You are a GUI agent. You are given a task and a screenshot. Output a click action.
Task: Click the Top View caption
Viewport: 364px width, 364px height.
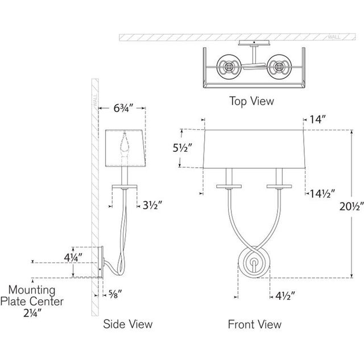point(252,101)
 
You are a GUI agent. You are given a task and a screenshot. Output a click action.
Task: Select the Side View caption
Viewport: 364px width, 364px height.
point(127,324)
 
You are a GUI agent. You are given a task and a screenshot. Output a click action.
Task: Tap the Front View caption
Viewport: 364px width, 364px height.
point(255,324)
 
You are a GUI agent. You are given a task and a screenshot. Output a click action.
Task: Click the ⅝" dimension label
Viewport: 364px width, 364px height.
point(114,293)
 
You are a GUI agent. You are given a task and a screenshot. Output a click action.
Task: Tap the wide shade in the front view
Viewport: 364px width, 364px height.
point(255,149)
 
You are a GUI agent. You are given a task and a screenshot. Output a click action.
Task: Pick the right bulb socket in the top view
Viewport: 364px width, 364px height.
point(280,67)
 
